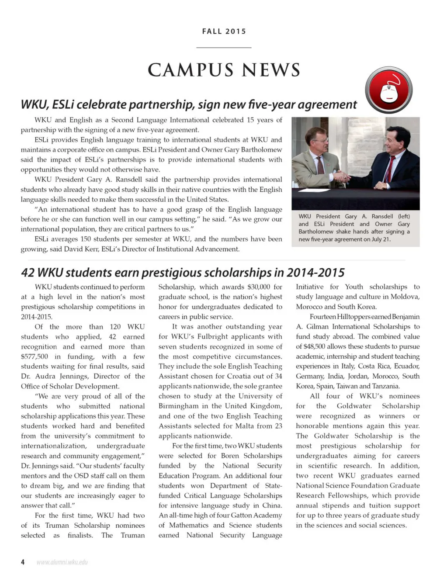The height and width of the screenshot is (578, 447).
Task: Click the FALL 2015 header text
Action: tap(224, 31)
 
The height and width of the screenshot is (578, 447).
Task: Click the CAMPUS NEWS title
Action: tap(224, 70)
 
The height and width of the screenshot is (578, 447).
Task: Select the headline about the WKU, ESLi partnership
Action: tap(189, 104)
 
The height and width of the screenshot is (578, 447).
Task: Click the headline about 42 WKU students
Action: tap(183, 273)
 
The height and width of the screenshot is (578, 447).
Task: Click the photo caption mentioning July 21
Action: tap(354, 228)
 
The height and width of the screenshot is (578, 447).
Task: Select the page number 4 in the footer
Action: tap(23, 562)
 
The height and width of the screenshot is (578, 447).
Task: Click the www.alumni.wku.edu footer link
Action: tap(62, 562)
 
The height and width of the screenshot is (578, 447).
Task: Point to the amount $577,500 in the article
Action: tap(35, 356)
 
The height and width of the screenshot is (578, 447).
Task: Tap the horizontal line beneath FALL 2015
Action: tap(224, 47)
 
